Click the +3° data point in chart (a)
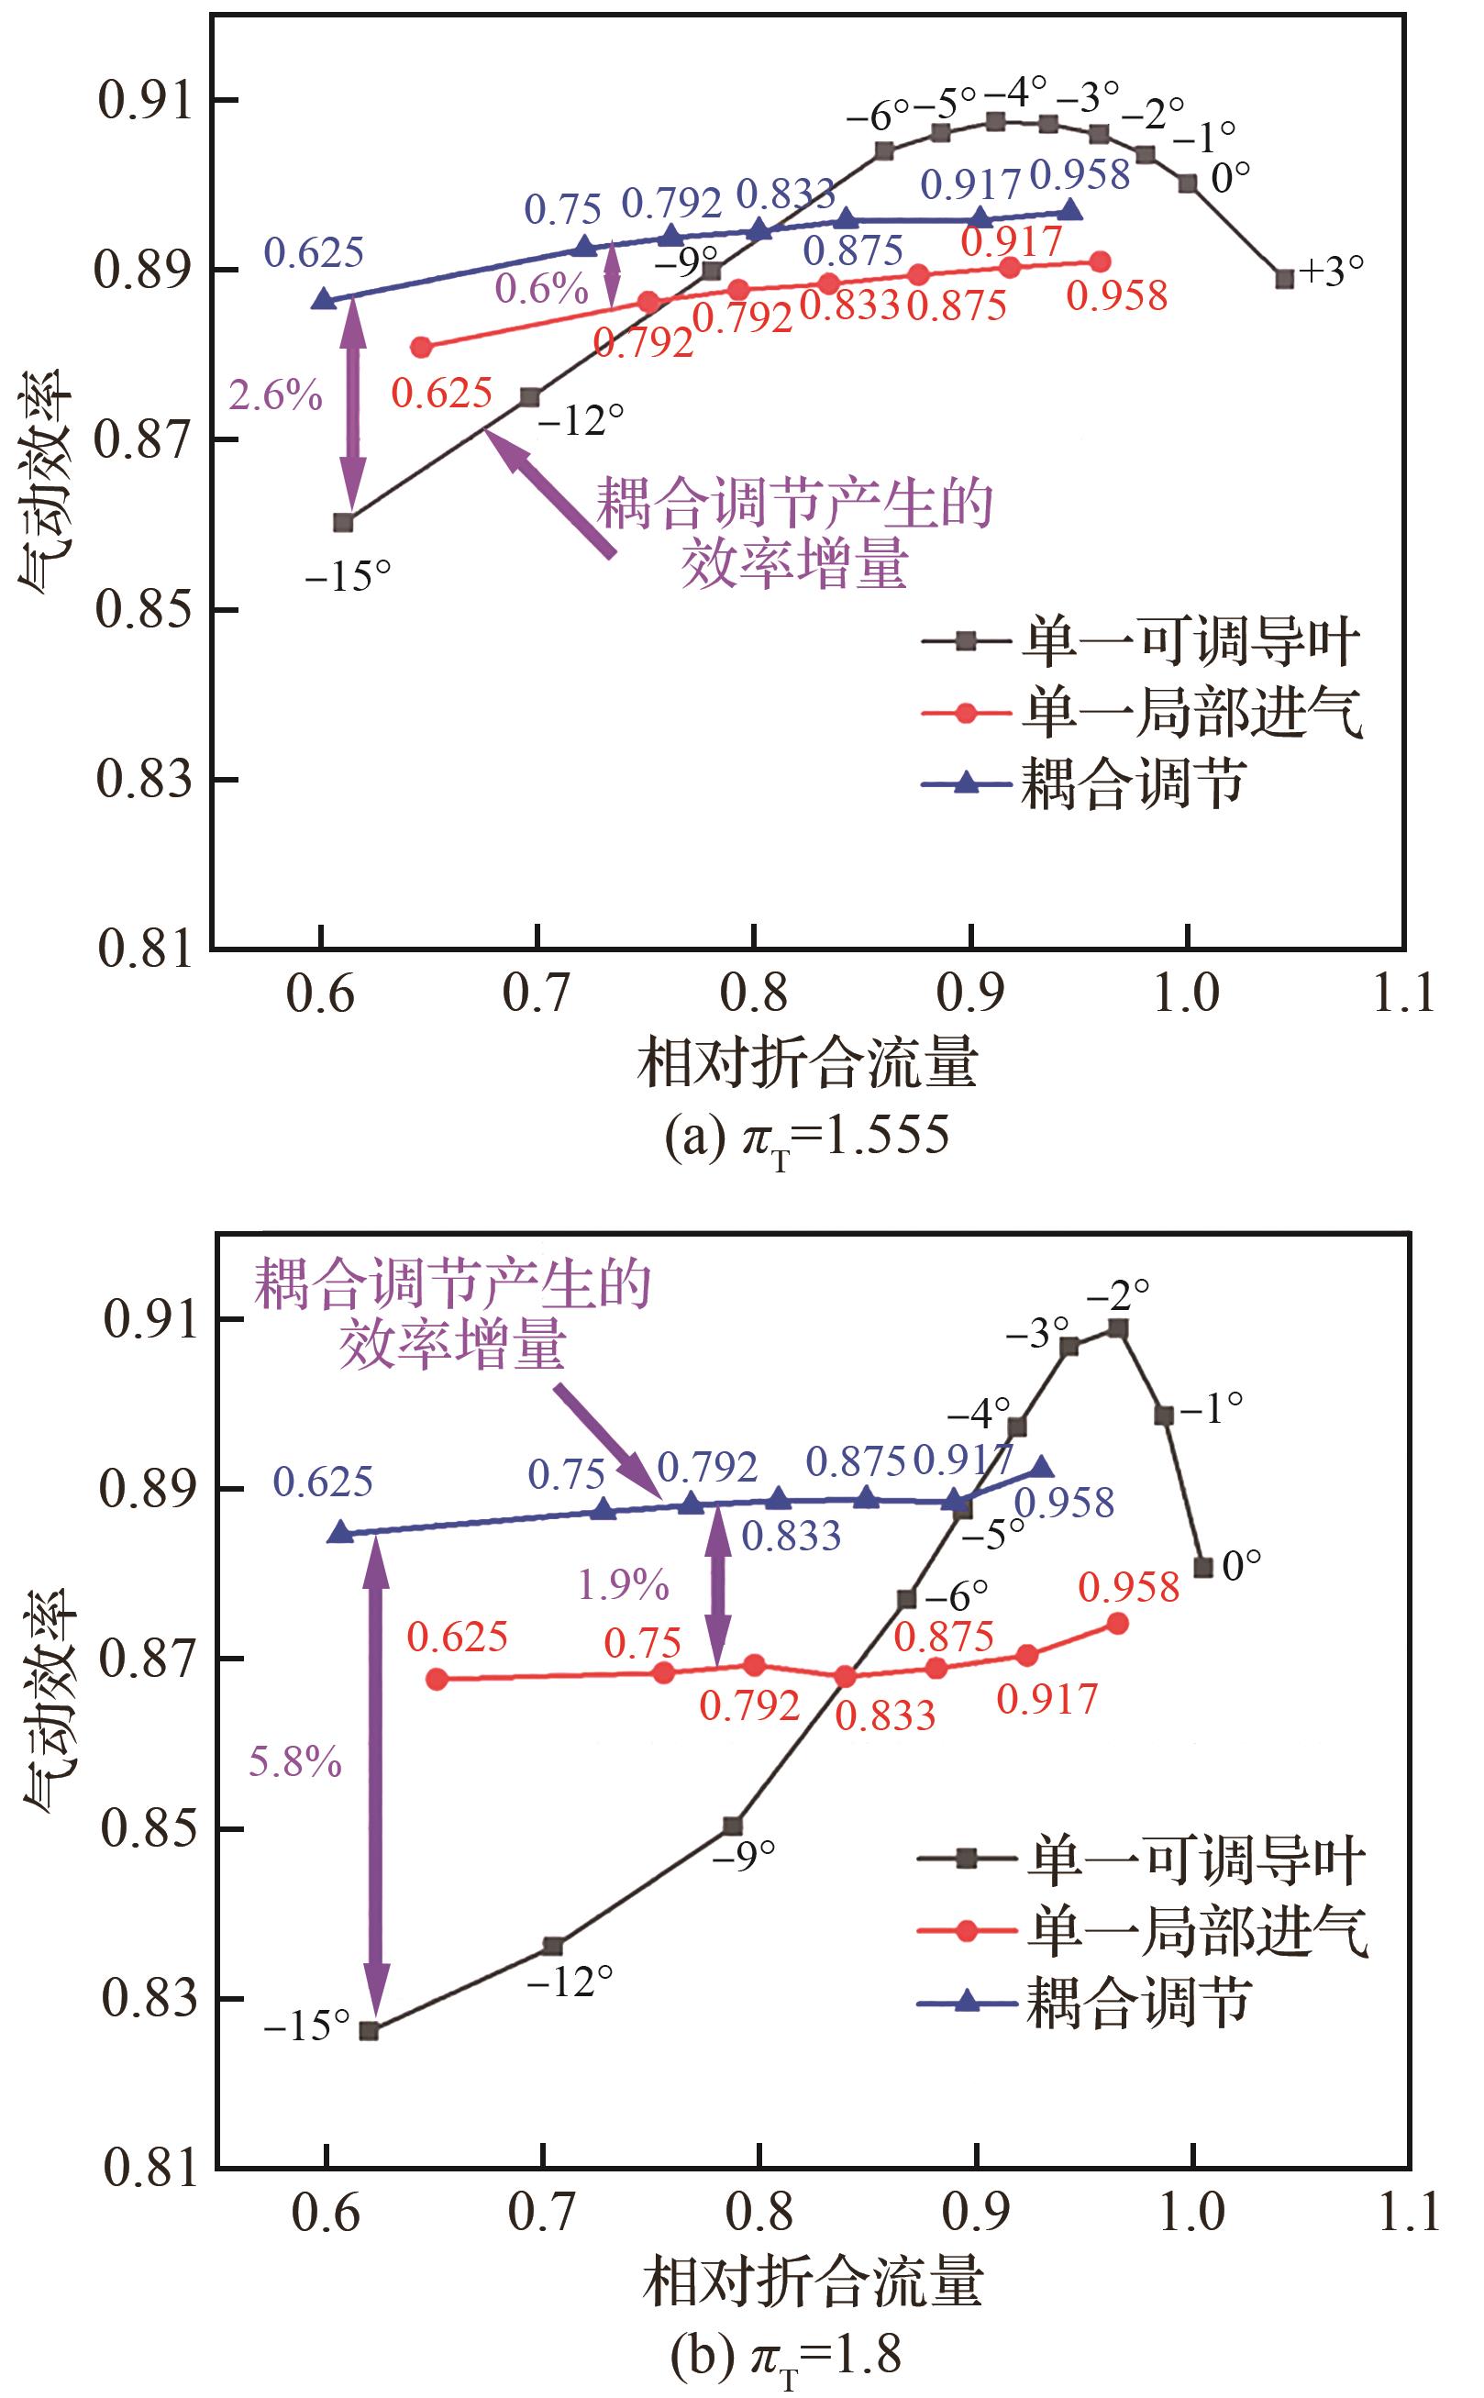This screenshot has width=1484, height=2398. [x=1284, y=279]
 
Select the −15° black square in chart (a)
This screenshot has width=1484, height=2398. [x=342, y=522]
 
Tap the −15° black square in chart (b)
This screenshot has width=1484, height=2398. [x=369, y=2031]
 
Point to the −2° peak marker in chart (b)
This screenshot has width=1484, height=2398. [x=1118, y=1329]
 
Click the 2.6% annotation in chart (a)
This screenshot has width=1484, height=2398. [x=276, y=395]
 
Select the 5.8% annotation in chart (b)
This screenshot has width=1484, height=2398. [x=295, y=1762]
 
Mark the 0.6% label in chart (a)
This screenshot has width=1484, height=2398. [x=542, y=289]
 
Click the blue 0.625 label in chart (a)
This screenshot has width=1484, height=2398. [x=314, y=253]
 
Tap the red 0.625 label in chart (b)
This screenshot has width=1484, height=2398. [x=458, y=1637]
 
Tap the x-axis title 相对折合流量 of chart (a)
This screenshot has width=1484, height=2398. [x=808, y=1063]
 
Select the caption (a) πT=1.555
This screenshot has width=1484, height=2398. [x=807, y=1138]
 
